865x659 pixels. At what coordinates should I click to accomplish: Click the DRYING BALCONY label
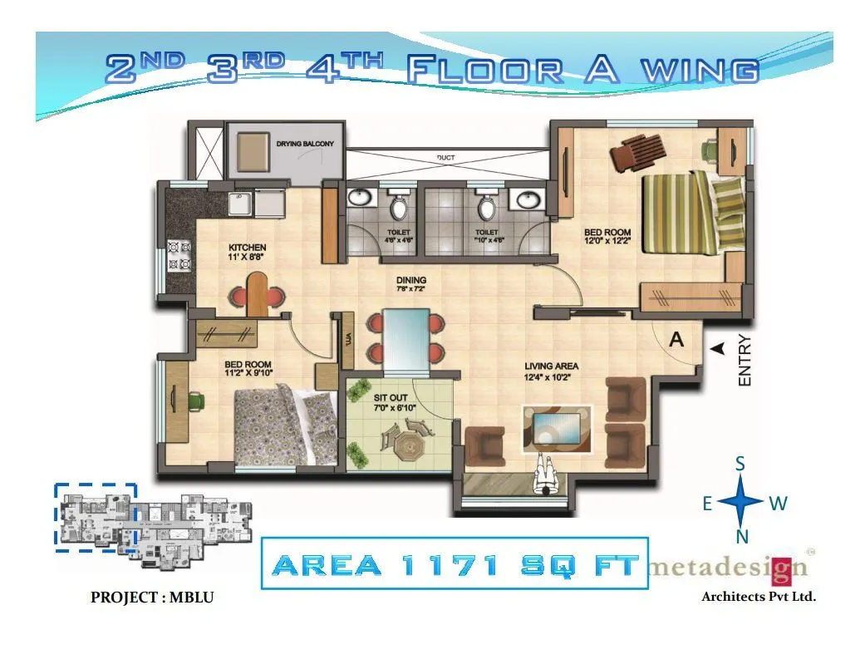pos(305,144)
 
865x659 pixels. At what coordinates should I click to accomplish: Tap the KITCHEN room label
pos(248,248)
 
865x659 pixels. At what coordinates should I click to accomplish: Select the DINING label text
pos(410,281)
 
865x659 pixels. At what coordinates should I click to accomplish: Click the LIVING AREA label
pos(551,366)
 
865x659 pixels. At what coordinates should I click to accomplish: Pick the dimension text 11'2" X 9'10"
pos(248,374)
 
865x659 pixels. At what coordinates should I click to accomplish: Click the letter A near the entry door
pos(676,339)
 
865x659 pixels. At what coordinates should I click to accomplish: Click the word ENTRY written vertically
pos(745,360)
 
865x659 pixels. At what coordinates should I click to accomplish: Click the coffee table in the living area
pos(558,427)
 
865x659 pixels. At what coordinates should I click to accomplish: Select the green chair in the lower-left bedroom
pos(196,401)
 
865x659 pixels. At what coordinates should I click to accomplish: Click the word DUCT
pos(445,157)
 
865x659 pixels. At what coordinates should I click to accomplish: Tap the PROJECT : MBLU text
pos(145,598)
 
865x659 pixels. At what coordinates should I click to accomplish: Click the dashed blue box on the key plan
pos(96,516)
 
